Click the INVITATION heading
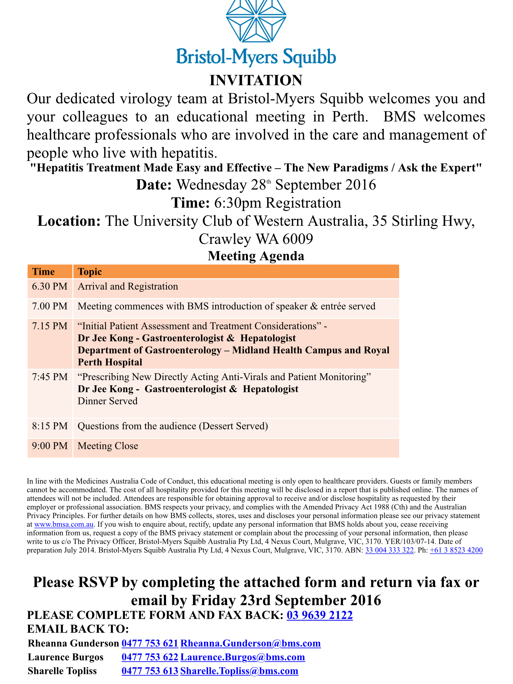(x=256, y=80)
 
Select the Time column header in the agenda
(x=43, y=272)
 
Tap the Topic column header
(x=90, y=272)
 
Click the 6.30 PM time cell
(x=50, y=287)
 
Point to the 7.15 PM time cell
(x=50, y=326)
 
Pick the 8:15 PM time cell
(x=50, y=426)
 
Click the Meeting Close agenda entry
(x=108, y=446)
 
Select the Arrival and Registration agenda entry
(x=128, y=287)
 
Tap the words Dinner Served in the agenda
(x=108, y=401)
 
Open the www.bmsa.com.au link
(x=64, y=524)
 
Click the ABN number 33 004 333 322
(x=389, y=550)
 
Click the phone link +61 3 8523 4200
(x=456, y=550)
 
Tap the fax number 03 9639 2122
(x=320, y=615)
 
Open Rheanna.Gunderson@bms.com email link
(x=250, y=643)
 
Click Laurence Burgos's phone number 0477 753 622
(x=150, y=657)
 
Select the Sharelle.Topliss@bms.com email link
(x=239, y=671)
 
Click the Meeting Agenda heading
(x=256, y=256)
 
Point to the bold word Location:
(x=69, y=221)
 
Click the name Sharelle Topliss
(x=62, y=671)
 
